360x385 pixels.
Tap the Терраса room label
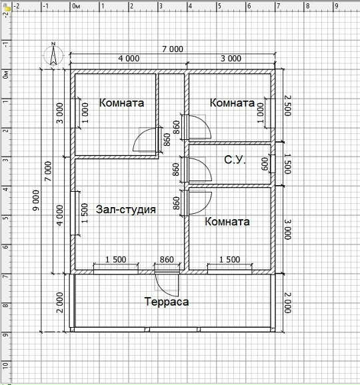click(167, 302)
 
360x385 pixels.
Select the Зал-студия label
click(126, 209)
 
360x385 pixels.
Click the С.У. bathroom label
click(235, 160)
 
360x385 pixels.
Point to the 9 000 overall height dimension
click(36, 200)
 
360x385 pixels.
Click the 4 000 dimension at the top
click(129, 59)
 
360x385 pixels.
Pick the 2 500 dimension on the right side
click(287, 106)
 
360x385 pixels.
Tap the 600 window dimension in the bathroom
click(265, 164)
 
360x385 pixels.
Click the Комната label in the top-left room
click(121, 103)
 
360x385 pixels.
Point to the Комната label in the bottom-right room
click(227, 222)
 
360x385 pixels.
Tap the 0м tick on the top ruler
click(77, 6)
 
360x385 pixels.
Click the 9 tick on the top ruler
click(337, 6)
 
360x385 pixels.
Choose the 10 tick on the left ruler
click(6, 366)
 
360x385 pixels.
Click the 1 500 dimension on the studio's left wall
click(85, 213)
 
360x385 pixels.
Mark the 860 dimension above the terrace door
click(167, 260)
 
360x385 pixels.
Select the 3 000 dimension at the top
click(231, 59)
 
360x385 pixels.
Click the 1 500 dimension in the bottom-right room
click(229, 260)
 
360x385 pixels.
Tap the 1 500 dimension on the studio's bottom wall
click(116, 260)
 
